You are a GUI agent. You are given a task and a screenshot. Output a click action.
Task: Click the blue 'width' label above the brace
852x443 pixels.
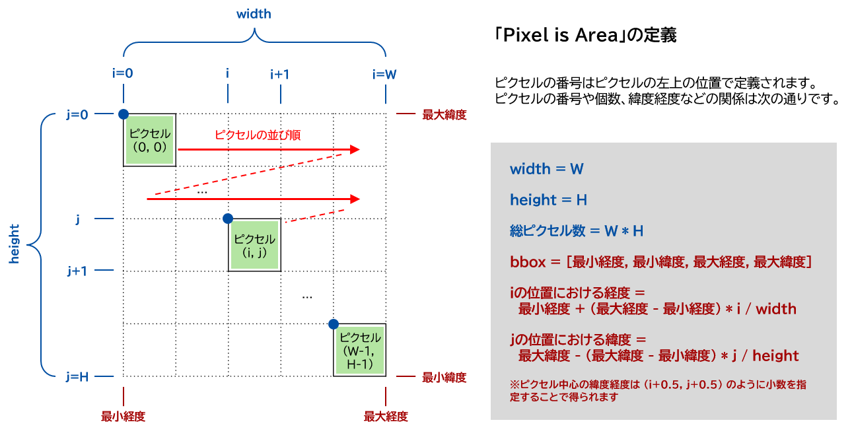[x=254, y=14]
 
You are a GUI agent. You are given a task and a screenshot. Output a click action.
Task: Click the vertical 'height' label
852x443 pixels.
[x=15, y=244]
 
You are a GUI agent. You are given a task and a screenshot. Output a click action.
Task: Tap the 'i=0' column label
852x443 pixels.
[x=122, y=73]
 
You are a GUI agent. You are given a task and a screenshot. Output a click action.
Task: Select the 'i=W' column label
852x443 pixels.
[x=384, y=73]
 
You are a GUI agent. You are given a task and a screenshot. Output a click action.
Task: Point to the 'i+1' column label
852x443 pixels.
[x=280, y=73]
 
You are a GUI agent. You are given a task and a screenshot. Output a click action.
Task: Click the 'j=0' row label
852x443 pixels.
[x=77, y=114]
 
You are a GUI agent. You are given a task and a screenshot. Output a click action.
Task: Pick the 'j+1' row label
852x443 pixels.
[x=77, y=271]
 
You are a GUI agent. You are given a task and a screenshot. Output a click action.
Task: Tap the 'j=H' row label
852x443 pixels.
[x=77, y=377]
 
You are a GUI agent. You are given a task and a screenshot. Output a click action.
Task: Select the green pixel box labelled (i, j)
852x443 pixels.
[x=254, y=245]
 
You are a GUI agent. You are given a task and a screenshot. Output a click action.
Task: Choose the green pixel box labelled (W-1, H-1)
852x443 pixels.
[x=359, y=351]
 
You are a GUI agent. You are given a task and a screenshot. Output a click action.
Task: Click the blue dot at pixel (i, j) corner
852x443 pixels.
[x=228, y=219]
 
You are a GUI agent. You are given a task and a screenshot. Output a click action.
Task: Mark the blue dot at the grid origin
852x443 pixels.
[x=123, y=114]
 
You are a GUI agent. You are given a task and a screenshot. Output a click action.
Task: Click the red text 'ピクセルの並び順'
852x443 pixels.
[x=258, y=135]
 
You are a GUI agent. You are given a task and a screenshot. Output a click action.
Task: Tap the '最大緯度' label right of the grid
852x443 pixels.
[x=444, y=114]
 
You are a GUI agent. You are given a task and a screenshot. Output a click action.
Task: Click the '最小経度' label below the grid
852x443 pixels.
[x=123, y=417]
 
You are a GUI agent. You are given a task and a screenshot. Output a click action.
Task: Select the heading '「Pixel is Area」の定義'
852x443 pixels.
[x=585, y=35]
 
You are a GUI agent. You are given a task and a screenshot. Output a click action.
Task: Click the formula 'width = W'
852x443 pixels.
[x=547, y=169]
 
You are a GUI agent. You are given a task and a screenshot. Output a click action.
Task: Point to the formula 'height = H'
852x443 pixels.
[x=549, y=199]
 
